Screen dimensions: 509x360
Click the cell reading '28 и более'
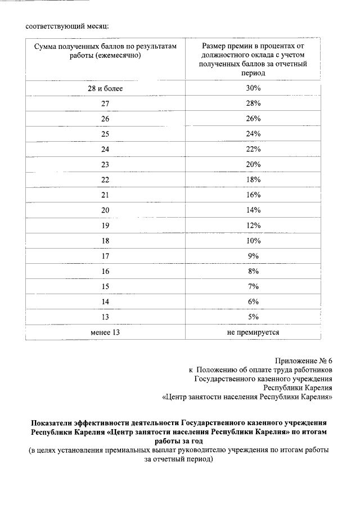point(105,88)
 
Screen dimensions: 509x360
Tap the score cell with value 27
point(105,103)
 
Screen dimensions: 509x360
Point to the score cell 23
point(105,164)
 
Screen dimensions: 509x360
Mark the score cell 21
point(105,195)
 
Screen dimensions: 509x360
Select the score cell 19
point(105,226)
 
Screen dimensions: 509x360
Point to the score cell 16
point(105,271)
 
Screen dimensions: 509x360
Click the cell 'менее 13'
point(105,332)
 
